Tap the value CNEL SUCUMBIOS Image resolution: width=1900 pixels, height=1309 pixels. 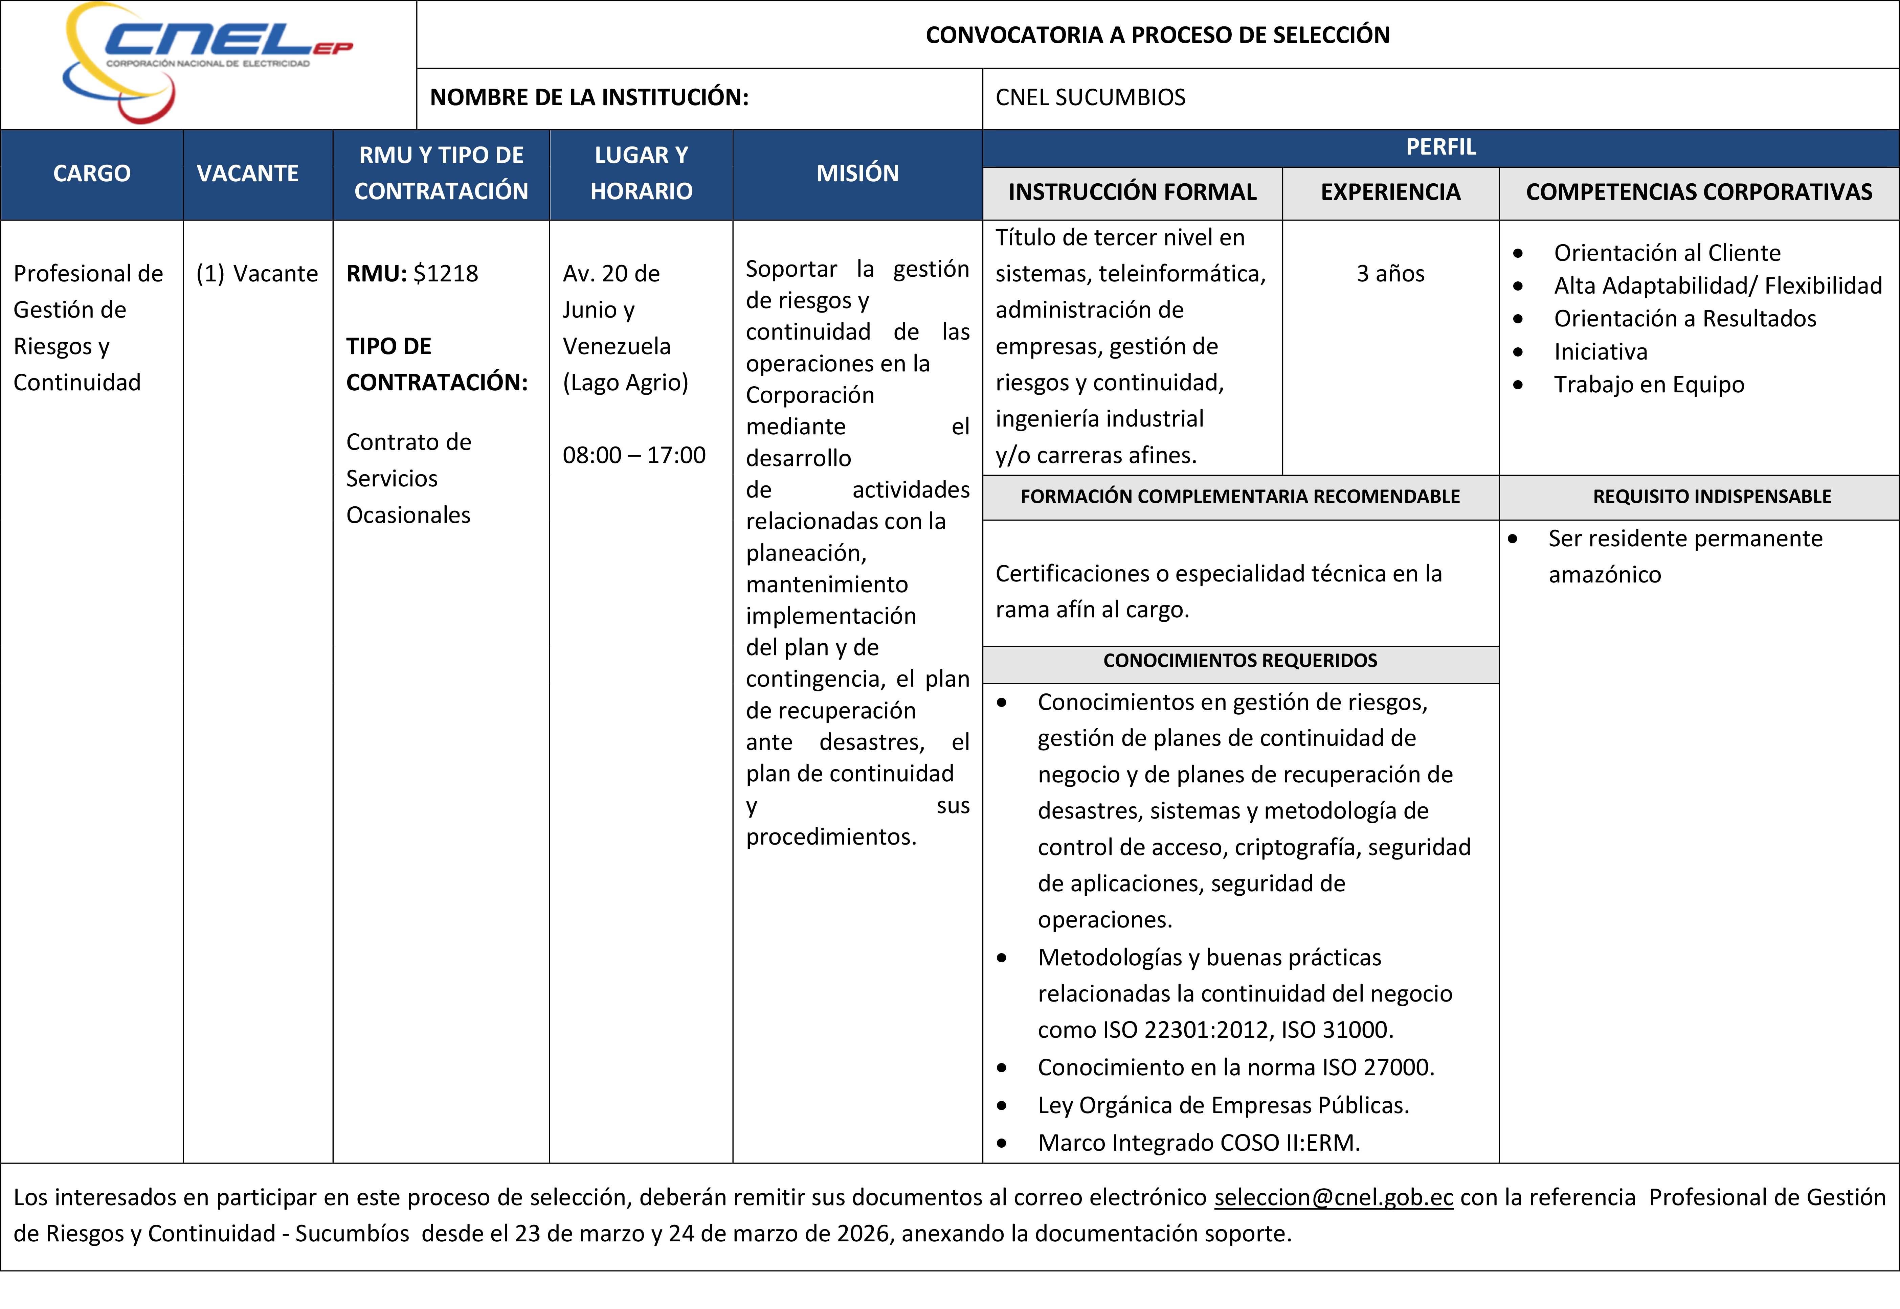[1090, 98]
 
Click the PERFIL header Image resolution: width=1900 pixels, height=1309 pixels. [1440, 147]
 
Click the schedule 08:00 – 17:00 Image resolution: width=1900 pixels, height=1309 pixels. [633, 455]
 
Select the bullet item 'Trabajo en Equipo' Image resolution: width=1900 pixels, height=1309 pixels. [1649, 385]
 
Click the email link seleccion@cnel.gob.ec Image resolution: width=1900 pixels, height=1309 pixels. [1333, 1197]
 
